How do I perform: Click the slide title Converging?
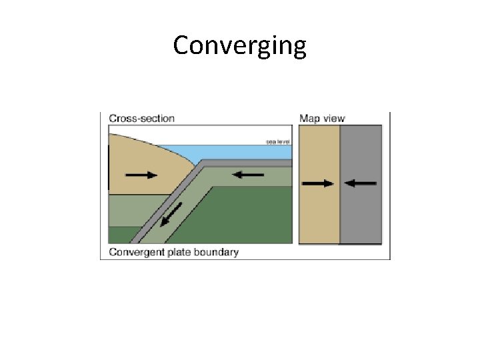(x=240, y=46)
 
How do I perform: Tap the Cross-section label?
(x=141, y=119)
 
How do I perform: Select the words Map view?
(x=322, y=119)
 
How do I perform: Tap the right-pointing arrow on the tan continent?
(x=141, y=175)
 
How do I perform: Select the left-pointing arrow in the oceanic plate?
(x=248, y=175)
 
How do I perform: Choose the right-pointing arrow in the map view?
(x=318, y=183)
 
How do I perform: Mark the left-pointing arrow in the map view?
(x=362, y=183)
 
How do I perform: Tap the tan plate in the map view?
(x=319, y=213)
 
